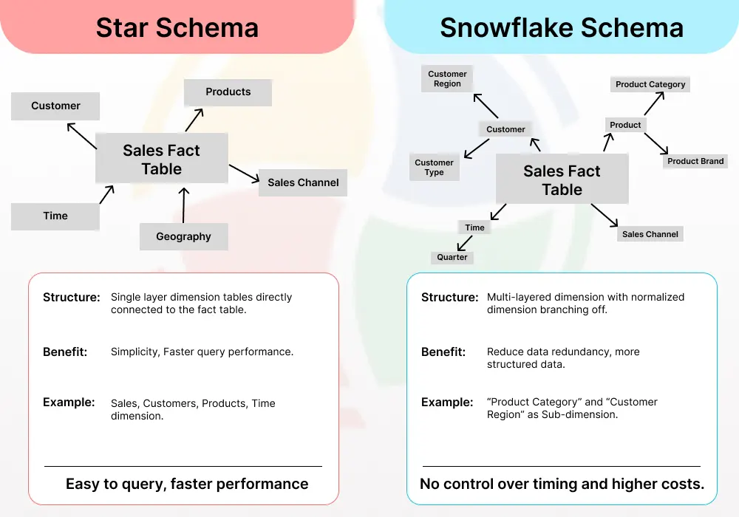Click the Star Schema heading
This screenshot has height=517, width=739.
[177, 28]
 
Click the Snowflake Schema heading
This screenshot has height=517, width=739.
[562, 28]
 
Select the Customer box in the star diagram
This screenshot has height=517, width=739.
[55, 106]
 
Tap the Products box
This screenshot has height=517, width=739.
[228, 92]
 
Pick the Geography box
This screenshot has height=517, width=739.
[183, 236]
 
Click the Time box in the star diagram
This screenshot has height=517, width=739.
[55, 216]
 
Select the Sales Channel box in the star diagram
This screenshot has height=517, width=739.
[303, 182]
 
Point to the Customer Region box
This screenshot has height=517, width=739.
[447, 79]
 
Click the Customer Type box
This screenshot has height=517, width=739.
[434, 168]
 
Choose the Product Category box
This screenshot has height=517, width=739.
[650, 84]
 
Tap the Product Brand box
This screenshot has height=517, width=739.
[695, 161]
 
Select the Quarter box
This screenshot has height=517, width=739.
[452, 257]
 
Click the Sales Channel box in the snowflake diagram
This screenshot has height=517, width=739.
[650, 234]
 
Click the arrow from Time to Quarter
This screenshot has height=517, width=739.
[465, 243]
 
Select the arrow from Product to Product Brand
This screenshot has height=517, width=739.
[656, 143]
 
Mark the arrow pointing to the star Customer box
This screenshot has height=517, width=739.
[81, 136]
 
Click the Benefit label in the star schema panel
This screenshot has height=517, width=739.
[65, 352]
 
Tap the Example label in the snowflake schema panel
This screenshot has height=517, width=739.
[447, 403]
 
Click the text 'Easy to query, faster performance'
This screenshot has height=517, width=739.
[187, 484]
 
